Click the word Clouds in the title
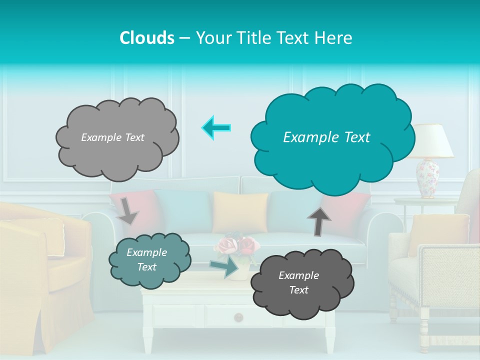(147, 38)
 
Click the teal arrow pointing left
(216, 128)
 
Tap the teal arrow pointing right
(224, 267)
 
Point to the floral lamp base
(428, 178)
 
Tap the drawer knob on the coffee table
(238, 317)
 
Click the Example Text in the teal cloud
(326, 137)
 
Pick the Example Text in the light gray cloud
(112, 137)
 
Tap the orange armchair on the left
(40, 265)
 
